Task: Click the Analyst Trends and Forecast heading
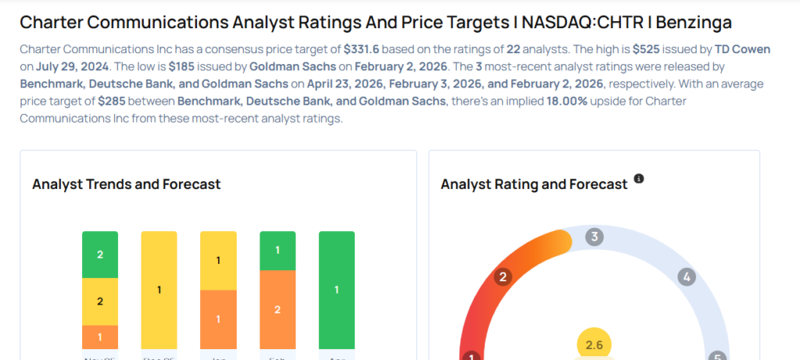pyautogui.click(x=127, y=184)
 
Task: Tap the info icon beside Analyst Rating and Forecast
pyautogui.click(x=639, y=179)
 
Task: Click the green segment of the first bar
pyautogui.click(x=100, y=255)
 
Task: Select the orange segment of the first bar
pyautogui.click(x=100, y=337)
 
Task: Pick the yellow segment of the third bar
pyautogui.click(x=219, y=260)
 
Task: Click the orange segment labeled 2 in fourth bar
pyautogui.click(x=277, y=309)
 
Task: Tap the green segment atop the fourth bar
pyautogui.click(x=277, y=250)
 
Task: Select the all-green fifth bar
pyautogui.click(x=337, y=290)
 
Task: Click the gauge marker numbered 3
pyautogui.click(x=595, y=237)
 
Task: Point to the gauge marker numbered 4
pyautogui.click(x=687, y=276)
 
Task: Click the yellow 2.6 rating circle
pyautogui.click(x=595, y=344)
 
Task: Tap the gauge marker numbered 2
pyautogui.click(x=504, y=276)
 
